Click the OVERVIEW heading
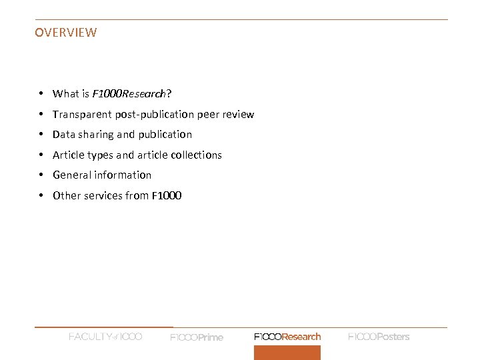(65, 32)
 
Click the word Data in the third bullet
(64, 135)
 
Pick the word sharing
(96, 135)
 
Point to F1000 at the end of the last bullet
(167, 195)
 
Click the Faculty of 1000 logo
(105, 337)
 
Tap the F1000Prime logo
(197, 337)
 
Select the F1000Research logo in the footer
(287, 337)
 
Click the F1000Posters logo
(379, 337)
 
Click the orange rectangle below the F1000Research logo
(287, 352)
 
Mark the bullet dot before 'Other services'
(41, 195)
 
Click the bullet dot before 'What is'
(41, 94)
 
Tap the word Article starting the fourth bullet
(67, 155)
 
